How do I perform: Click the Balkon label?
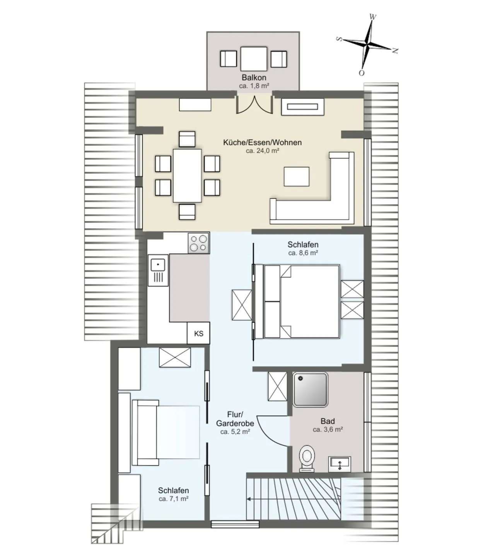pos(254,77)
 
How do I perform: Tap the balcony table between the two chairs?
pos(253,58)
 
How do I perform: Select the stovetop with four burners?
pos(198,243)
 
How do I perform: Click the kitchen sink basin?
pos(158,265)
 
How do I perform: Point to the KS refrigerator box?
pos(198,333)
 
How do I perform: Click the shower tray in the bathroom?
pos(310,390)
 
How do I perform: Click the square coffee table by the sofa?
pos(296,177)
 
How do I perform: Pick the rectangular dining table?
pos(187,176)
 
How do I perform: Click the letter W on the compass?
pos(372,17)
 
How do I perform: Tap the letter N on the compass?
pos(395,51)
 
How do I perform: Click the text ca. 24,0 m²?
pos(262,150)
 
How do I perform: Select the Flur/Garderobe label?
pos(235,419)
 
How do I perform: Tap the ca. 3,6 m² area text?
pos(328,430)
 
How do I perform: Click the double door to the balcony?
pos(254,104)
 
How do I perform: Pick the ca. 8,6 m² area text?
pos(303,253)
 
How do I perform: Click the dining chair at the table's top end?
pos(187,139)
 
